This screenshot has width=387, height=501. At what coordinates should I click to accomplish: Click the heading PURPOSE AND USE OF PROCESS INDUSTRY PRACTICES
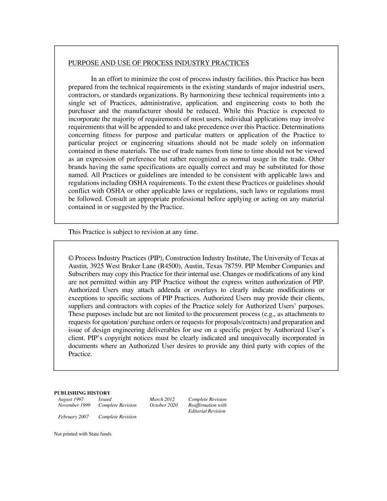(x=158, y=63)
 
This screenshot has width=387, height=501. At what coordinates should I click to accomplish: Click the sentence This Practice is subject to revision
(x=133, y=232)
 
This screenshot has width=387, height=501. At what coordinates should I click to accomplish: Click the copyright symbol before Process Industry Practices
(x=71, y=258)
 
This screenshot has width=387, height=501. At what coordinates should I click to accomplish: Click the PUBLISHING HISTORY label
(x=82, y=393)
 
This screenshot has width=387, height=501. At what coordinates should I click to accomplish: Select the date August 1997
(x=71, y=400)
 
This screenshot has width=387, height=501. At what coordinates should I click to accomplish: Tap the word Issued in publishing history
(x=105, y=400)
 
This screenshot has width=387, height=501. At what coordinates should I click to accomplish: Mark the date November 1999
(x=74, y=405)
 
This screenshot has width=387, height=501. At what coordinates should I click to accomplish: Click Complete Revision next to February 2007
(x=117, y=417)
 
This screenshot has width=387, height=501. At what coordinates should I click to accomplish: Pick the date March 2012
(x=162, y=400)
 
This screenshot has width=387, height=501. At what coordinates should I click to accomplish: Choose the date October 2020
(x=163, y=405)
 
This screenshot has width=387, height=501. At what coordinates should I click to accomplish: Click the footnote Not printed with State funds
(x=83, y=434)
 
